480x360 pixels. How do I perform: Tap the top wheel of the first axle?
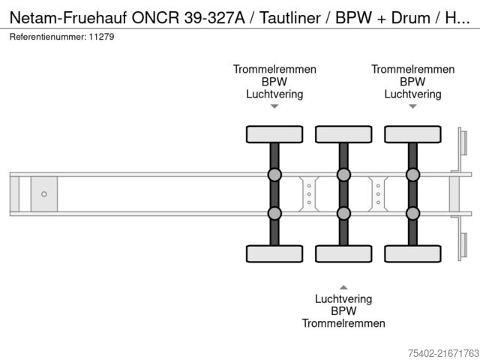tap(274, 134)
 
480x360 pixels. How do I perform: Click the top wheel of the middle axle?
tap(343, 134)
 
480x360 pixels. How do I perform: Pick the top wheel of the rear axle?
tap(412, 134)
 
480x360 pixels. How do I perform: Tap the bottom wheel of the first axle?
tap(274, 253)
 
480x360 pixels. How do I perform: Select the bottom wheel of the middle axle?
tap(343, 253)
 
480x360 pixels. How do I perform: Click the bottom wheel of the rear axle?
tap(412, 253)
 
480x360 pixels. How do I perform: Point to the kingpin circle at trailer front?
tap(44, 194)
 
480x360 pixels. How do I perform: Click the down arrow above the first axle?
tap(274, 106)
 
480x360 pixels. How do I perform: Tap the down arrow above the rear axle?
tap(412, 106)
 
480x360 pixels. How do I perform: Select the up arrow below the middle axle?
tap(343, 286)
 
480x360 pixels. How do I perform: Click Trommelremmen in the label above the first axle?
tap(274, 69)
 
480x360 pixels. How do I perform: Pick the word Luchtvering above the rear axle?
tap(412, 94)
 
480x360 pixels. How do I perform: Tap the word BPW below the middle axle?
tap(343, 310)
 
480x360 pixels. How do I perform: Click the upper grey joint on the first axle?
tap(274, 175)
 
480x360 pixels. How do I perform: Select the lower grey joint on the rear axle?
tap(412, 213)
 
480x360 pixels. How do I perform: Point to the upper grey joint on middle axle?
tap(343, 175)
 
